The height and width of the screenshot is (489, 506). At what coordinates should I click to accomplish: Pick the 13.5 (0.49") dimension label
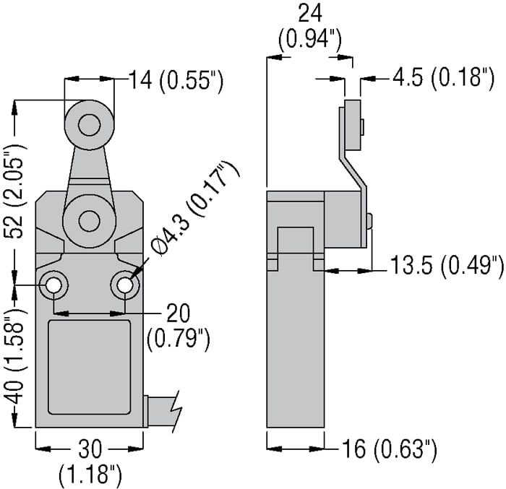447,267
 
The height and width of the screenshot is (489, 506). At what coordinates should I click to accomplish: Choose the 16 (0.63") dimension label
390,451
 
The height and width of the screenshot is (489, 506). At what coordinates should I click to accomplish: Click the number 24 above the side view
310,12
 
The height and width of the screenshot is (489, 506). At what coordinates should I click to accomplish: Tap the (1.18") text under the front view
90,475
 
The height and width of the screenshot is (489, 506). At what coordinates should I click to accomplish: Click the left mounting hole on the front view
54,286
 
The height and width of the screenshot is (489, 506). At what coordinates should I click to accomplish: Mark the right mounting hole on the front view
126,286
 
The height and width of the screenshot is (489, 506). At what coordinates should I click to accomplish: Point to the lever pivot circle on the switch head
90,221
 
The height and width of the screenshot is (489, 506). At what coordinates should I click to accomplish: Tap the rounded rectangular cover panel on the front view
90,366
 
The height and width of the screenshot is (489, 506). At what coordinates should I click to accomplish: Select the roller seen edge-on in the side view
352,127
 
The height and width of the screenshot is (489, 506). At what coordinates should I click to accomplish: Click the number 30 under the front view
90,450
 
